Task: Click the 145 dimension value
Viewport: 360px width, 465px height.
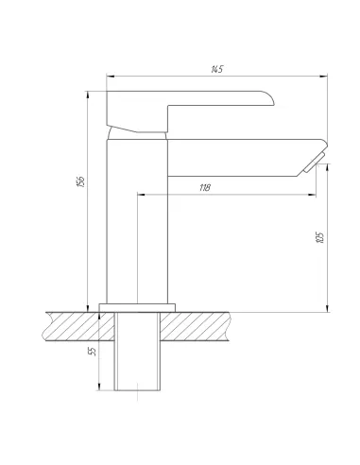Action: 217,69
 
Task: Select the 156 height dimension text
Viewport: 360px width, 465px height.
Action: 81,181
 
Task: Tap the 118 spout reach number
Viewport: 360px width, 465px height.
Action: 205,188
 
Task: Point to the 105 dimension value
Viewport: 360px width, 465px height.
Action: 319,237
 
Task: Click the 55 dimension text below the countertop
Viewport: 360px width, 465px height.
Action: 93,352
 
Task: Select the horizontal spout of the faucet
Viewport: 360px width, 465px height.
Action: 246,158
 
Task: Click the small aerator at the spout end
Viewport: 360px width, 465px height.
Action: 314,163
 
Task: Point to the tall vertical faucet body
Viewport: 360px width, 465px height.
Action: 137,220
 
